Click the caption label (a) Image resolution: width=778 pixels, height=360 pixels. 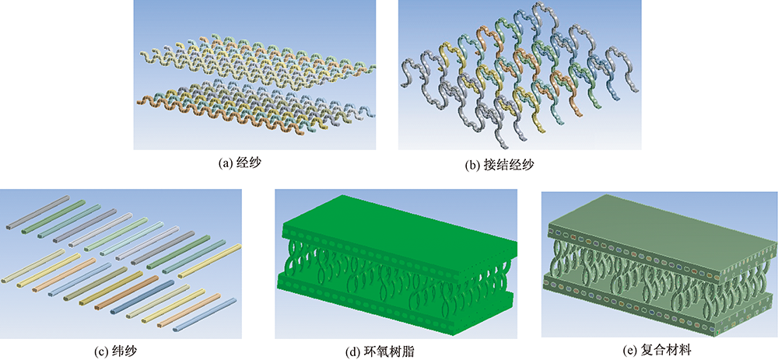tap(227, 163)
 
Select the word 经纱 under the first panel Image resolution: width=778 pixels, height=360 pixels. tap(249, 163)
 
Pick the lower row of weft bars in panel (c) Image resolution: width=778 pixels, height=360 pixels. tap(117, 288)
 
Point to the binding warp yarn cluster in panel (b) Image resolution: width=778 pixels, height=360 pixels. tap(521, 78)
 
